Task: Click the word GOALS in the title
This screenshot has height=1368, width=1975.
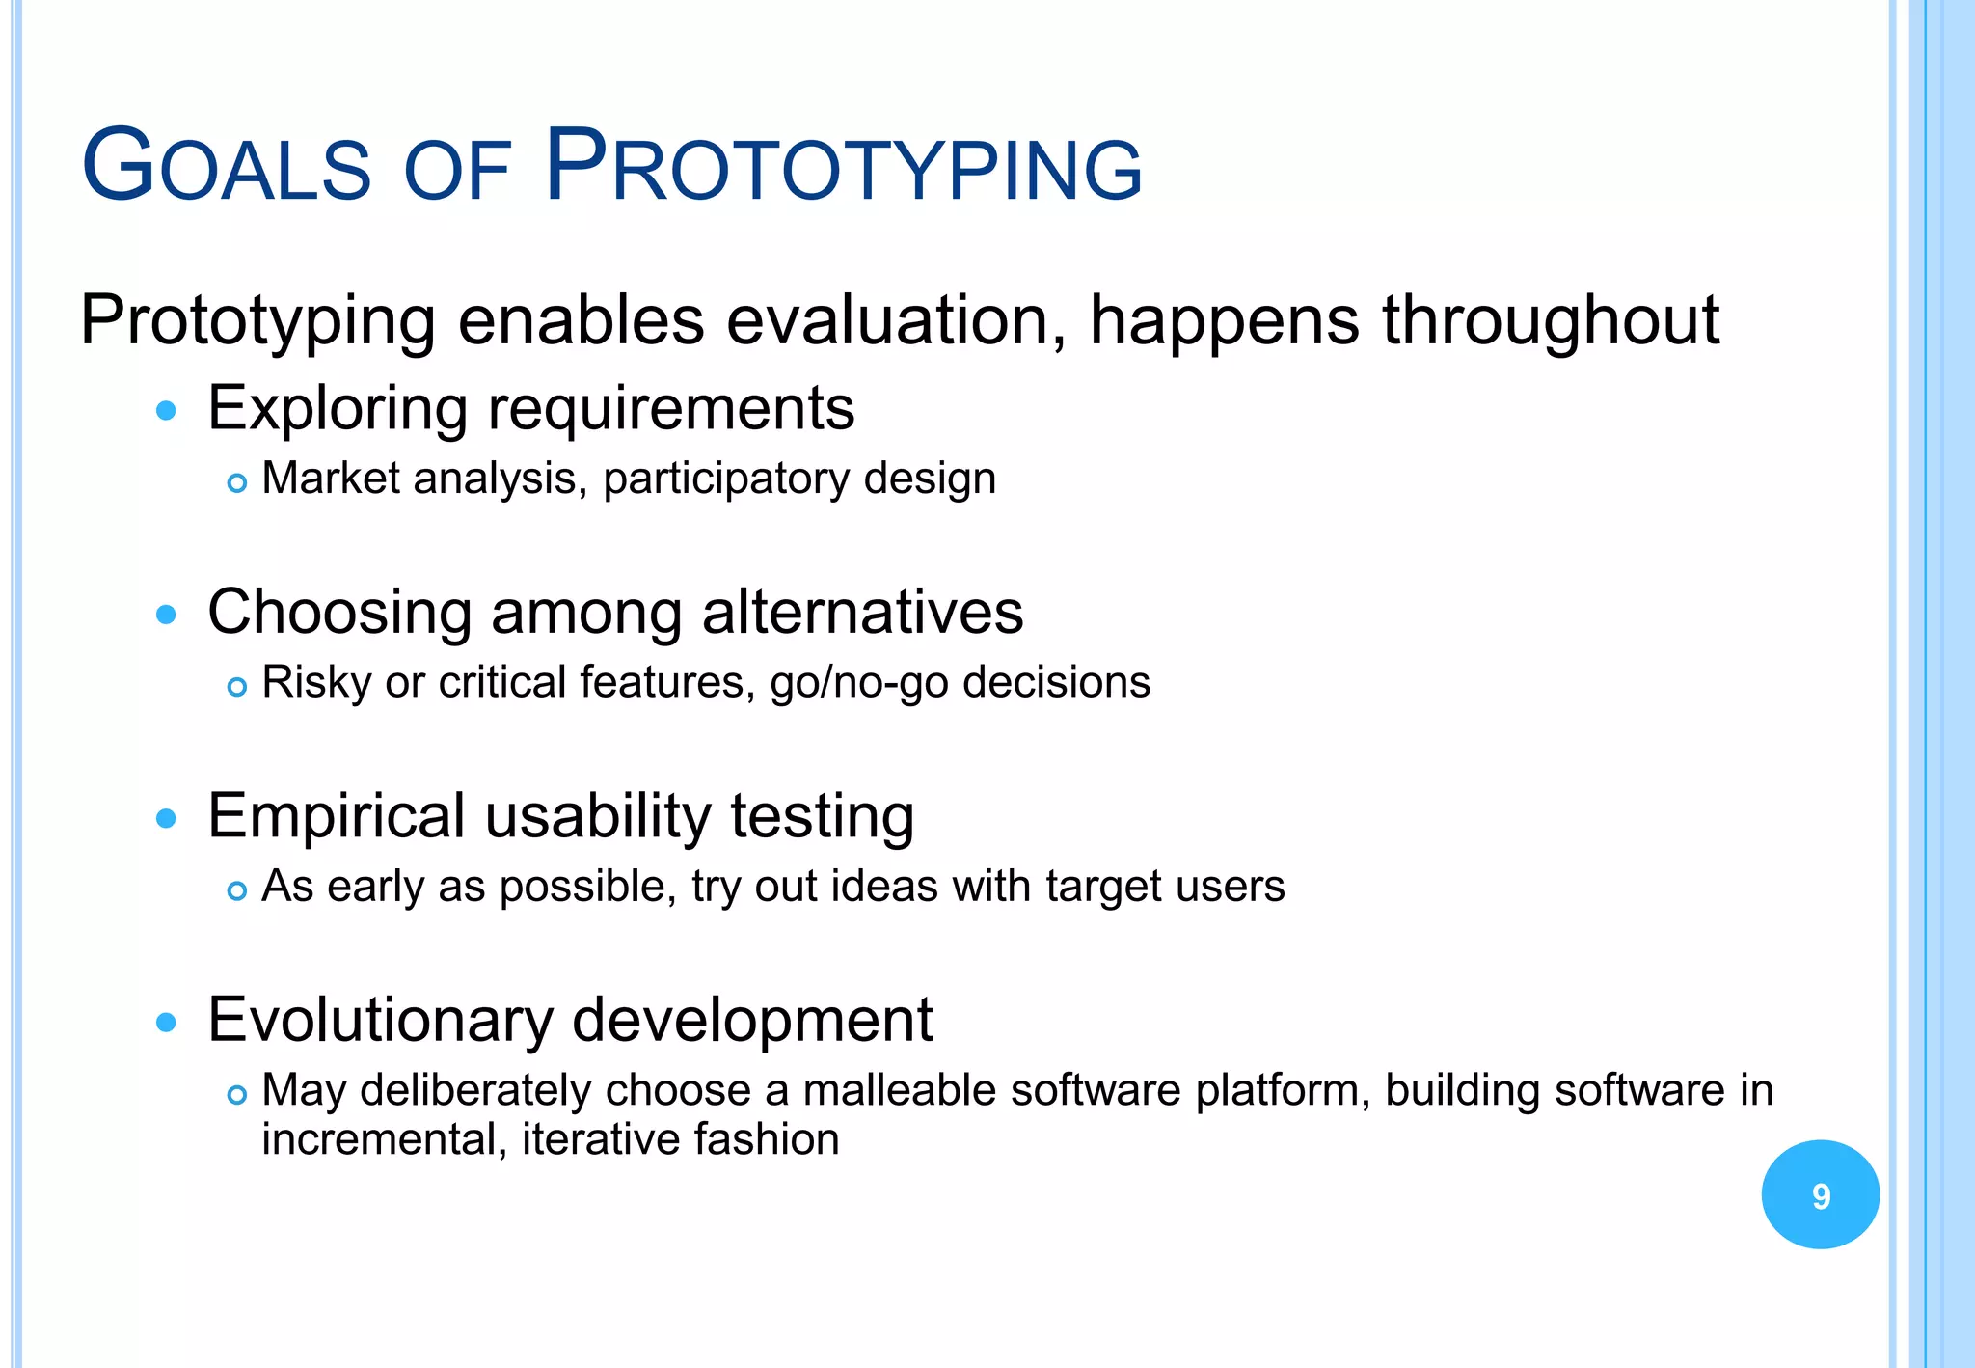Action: tap(227, 167)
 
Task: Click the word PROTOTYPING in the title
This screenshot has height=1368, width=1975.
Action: tap(844, 167)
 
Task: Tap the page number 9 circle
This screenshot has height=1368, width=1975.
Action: tap(1820, 1195)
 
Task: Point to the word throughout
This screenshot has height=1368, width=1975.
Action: tap(1551, 320)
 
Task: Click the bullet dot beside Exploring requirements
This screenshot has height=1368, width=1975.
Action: tap(167, 411)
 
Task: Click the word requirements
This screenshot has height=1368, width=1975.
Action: tap(671, 409)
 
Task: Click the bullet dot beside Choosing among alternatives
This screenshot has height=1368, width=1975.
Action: tap(167, 615)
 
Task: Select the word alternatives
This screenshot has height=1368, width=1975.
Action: tap(862, 612)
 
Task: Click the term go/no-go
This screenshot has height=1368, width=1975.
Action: tap(858, 683)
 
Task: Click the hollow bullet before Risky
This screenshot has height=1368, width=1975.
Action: tap(237, 687)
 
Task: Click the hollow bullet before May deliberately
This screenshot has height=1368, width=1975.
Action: tap(237, 1095)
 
